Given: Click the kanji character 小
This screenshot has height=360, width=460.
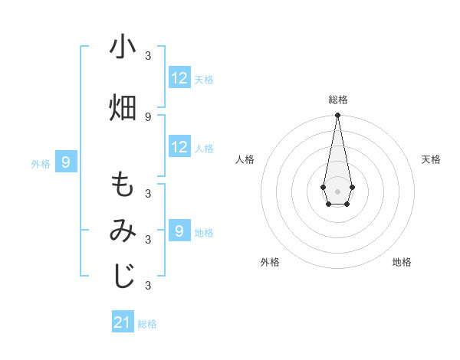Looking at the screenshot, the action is pos(123,47).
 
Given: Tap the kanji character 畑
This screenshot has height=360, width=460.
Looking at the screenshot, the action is pos(123,107).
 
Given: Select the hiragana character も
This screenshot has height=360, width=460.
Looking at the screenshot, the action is pos(123,186).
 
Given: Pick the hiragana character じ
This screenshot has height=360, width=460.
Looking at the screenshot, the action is pos(123,277).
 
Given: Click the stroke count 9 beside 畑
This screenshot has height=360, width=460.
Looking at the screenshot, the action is pos(148,116).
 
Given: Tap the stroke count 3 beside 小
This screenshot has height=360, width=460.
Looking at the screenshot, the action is pos(148,56).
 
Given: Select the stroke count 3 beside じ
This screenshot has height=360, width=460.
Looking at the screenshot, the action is pos(148,286).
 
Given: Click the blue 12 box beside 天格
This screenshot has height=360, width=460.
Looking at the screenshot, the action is pos(179,78).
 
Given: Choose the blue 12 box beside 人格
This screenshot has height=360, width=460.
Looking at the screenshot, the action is pos(179,148).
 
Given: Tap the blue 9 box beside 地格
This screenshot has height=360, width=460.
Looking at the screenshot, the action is pos(179,231).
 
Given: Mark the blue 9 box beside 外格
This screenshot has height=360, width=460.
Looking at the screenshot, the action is pos(66,162).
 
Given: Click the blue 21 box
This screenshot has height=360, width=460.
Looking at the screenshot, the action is pos(123,322).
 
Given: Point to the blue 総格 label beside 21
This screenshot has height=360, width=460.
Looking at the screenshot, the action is pos(147,324).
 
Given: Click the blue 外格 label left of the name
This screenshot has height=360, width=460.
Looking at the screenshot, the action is pos(41,163).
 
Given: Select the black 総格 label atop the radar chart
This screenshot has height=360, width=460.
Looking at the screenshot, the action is pos(337,100).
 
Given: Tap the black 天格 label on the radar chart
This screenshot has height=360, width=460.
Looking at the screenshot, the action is pos(431,159).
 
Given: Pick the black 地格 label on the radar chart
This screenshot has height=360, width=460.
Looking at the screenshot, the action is pos(402,262).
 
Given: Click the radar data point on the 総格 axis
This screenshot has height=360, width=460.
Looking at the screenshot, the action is pos(337,116).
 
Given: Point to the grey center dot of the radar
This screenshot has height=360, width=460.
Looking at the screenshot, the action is pos(337,190).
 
